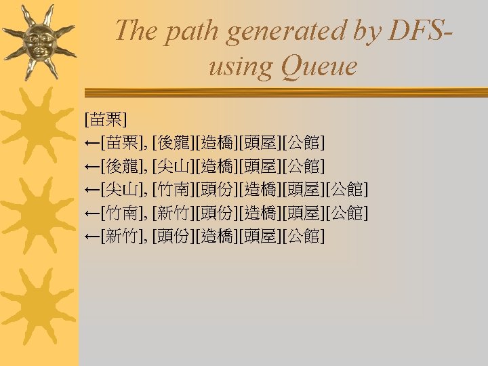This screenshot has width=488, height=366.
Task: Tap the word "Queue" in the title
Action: pos(319,67)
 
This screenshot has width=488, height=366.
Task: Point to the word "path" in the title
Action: pos(190,32)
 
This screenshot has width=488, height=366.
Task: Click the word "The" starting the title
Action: pos(136,30)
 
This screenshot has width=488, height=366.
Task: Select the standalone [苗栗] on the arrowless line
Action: pos(106,119)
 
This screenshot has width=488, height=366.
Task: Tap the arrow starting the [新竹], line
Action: pos(92,237)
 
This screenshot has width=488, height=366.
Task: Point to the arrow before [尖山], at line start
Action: pos(92,190)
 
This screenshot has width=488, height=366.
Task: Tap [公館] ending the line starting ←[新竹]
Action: pos(304,237)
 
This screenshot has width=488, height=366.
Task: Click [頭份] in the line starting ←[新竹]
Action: pos(174,237)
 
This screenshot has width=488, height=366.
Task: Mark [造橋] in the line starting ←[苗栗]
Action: pos(217,143)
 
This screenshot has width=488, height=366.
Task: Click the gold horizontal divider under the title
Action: pos(286,92)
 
